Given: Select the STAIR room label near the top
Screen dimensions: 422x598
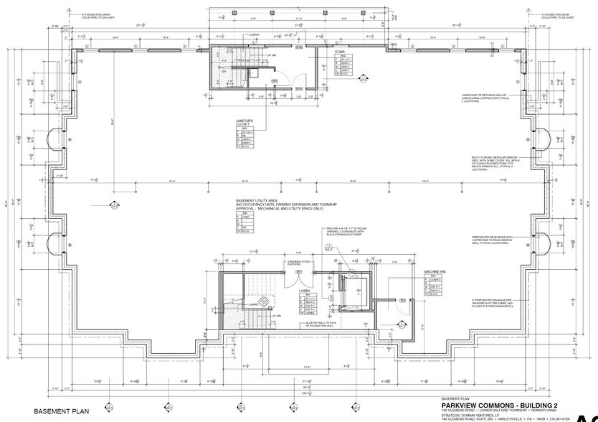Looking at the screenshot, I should [339, 52].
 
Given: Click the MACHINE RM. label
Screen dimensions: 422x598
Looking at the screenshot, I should [435, 271].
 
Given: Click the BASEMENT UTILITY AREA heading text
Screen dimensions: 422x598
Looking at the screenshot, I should [266, 202].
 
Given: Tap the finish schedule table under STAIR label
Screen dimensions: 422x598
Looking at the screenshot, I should [343, 65].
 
